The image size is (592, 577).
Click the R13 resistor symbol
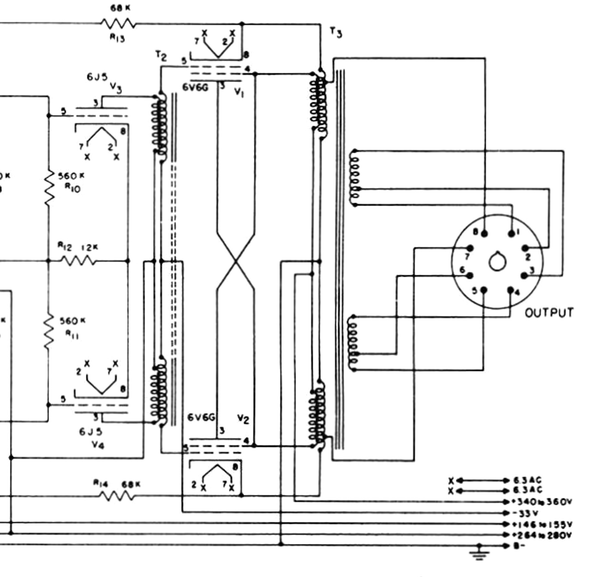[118, 23]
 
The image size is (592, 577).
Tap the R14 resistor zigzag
[117, 496]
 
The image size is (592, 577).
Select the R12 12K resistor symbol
[78, 261]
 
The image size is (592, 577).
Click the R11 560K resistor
[49, 332]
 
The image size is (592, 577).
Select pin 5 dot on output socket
[484, 290]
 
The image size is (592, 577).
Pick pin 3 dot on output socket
[524, 275]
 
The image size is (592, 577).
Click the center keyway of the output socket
[497, 262]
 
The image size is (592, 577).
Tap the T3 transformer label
[336, 32]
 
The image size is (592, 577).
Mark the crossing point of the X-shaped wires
[236, 261]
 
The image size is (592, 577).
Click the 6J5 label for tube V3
[97, 77]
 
